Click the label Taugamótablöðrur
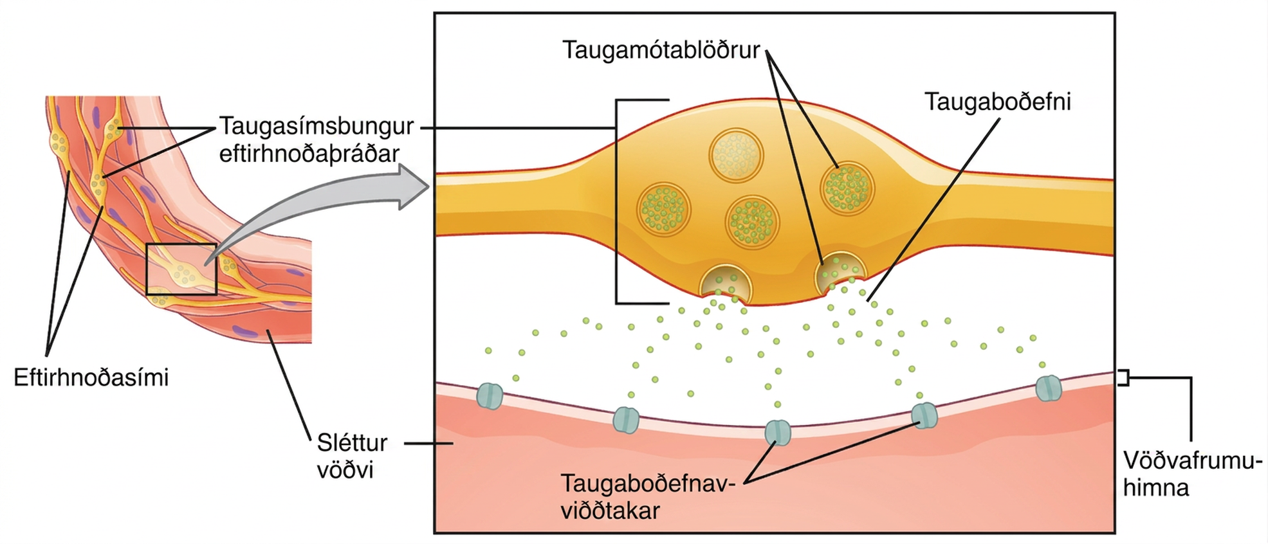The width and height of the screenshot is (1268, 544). point(661,50)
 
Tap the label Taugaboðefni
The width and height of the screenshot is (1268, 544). point(998,102)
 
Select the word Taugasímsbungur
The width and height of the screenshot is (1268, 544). point(317,127)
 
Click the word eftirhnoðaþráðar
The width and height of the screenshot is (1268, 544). point(309,154)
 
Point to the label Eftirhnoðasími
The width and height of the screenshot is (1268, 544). point(91,377)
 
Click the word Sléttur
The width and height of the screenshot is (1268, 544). point(352,443)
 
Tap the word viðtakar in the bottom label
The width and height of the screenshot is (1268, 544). point(611,511)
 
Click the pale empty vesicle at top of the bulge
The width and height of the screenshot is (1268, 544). point(737,156)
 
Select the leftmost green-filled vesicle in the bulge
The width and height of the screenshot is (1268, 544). point(664,209)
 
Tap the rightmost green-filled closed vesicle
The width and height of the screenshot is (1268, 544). point(847,188)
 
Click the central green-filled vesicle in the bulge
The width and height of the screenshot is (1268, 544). point(752,222)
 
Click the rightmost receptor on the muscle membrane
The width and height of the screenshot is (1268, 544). point(1049,388)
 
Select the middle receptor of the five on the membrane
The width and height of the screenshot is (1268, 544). point(777,432)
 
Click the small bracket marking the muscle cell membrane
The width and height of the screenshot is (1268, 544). point(1123,378)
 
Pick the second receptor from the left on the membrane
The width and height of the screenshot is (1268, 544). point(626,420)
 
